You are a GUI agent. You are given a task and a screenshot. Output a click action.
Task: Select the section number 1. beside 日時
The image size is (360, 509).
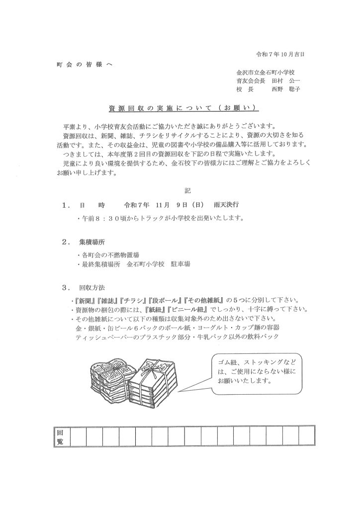pyautogui.click(x=66, y=204)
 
